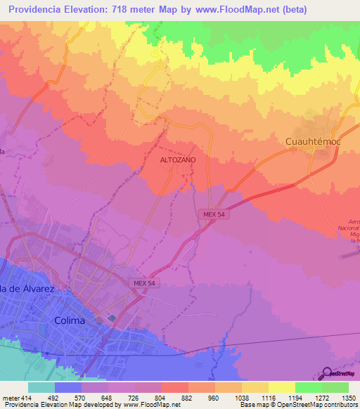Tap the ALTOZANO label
[x=179, y=160]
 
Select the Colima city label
[x=70, y=320]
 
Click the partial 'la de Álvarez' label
[x=27, y=289]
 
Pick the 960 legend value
[x=215, y=397]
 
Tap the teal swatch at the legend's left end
[x=41, y=387]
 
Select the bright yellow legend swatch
[x=281, y=387]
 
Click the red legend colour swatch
[x=174, y=387]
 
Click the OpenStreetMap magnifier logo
[x=328, y=373]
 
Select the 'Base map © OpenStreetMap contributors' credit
[x=297, y=405]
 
